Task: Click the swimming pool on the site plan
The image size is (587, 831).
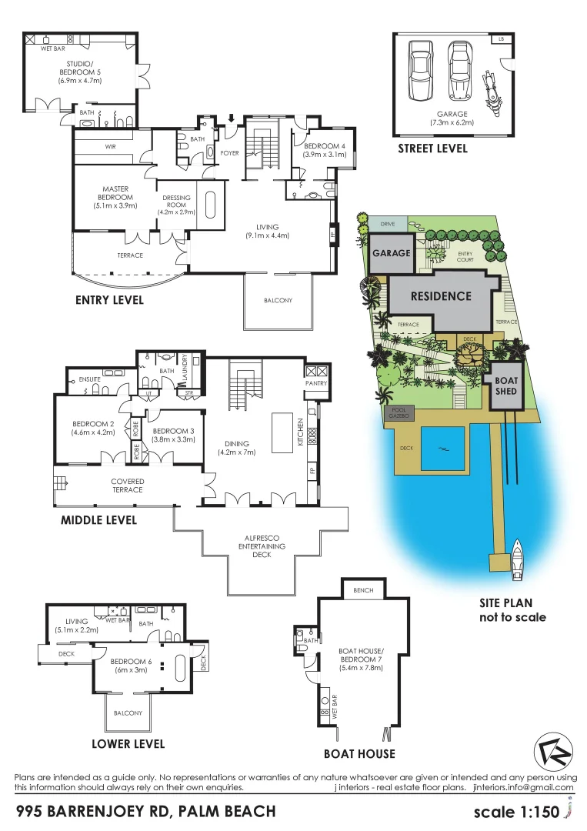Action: coord(443,448)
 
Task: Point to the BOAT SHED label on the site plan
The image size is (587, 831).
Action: coord(506,386)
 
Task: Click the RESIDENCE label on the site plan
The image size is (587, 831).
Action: coord(440,296)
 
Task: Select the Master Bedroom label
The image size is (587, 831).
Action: coord(115,197)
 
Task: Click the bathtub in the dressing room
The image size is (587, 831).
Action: coord(209,205)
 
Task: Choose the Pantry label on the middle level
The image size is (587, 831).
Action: coord(317,383)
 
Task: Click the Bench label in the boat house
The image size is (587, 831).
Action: coord(363,591)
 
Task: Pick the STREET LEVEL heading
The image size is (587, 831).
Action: coord(432,149)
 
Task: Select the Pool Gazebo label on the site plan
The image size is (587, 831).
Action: coord(399,413)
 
